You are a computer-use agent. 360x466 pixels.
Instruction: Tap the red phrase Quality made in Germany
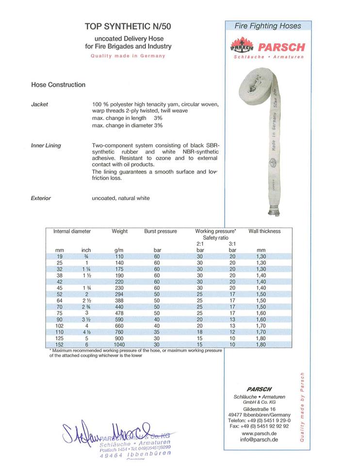click(128, 56)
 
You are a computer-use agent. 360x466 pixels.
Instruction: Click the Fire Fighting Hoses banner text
click(268, 26)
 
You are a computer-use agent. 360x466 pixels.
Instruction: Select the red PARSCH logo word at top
click(281, 47)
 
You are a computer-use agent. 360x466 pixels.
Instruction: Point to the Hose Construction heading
click(58, 84)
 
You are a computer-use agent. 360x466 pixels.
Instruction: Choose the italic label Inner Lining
click(46, 146)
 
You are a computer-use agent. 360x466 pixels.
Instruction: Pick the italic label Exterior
click(41, 198)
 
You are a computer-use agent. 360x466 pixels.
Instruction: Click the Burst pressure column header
click(161, 231)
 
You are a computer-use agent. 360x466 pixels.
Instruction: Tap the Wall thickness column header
click(264, 231)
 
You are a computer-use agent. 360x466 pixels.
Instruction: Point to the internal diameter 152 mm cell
click(60, 344)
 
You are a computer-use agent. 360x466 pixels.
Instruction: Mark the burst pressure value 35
click(157, 332)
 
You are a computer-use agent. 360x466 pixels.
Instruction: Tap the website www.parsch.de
click(259, 433)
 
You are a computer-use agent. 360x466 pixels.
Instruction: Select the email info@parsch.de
click(259, 440)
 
